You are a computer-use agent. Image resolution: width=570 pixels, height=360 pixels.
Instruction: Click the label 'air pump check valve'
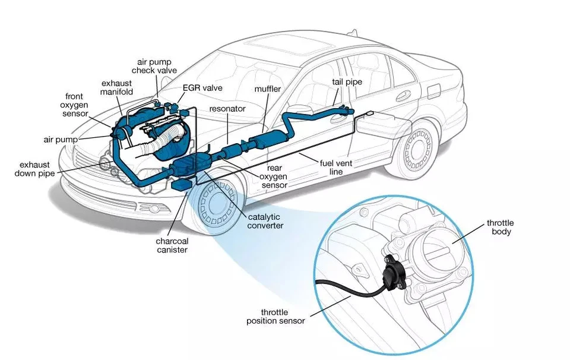coord(157,65)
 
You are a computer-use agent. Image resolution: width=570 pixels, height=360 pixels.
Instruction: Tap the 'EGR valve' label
coord(202,88)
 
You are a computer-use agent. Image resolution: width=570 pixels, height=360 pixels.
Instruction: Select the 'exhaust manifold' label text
coord(117,87)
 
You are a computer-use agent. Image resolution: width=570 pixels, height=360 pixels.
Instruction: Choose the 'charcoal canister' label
coord(172,245)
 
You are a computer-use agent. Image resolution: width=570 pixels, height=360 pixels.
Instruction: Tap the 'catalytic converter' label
coord(265,221)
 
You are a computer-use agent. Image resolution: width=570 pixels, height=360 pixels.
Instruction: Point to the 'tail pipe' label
coord(347,82)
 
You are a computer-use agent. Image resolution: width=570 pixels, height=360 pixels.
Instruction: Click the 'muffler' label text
coord(267,89)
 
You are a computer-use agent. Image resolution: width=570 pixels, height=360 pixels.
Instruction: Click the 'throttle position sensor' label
coord(275,316)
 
